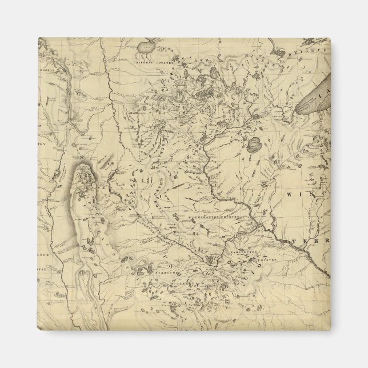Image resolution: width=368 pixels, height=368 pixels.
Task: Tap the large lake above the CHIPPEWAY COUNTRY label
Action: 147,45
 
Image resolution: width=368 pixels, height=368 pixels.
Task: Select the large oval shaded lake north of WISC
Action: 255,145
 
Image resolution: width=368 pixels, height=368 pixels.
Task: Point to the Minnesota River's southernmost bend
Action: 213,260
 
